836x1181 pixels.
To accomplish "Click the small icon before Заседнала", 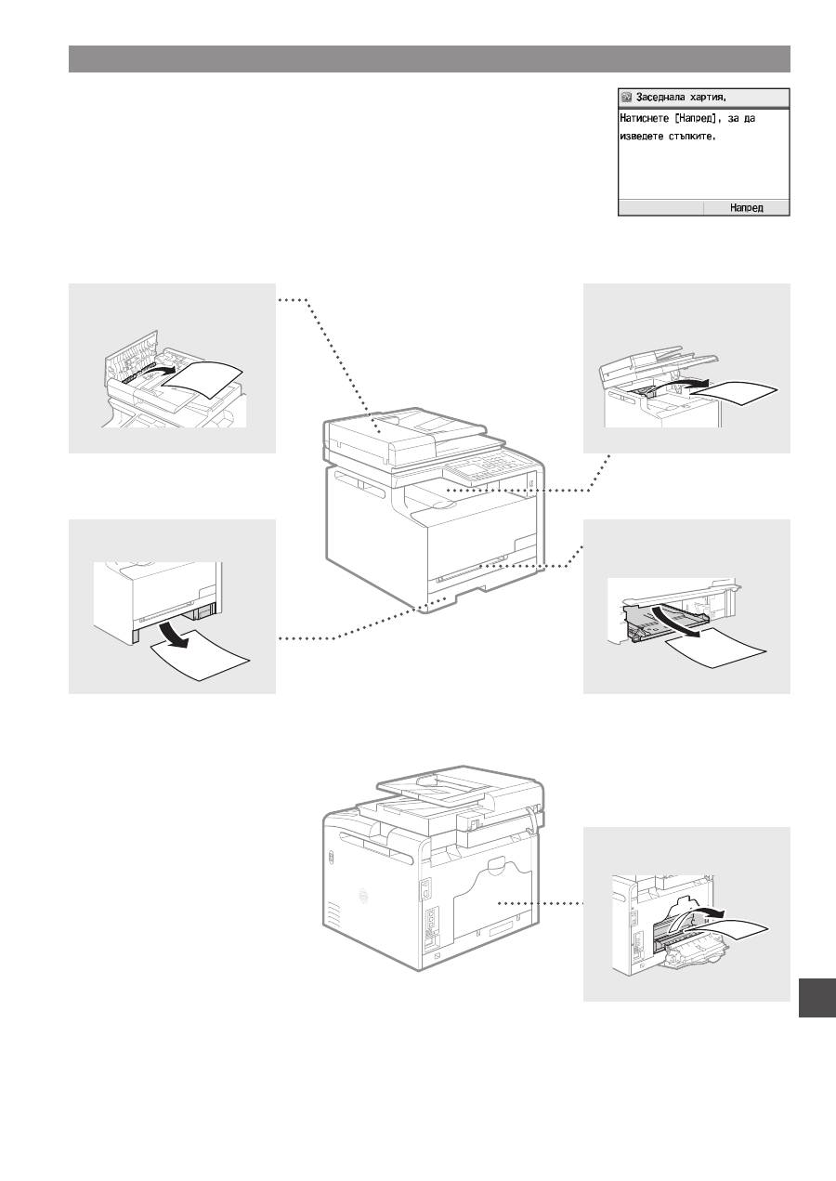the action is [x=627, y=98].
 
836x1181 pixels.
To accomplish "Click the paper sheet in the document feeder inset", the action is [x=201, y=380].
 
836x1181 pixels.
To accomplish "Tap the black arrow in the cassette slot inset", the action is [x=176, y=635].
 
